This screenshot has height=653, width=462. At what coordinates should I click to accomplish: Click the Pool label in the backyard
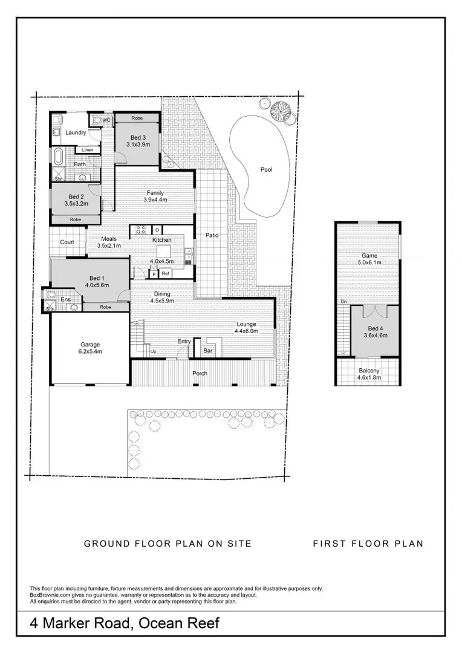point(266,169)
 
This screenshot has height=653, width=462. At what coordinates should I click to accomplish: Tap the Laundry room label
point(76,132)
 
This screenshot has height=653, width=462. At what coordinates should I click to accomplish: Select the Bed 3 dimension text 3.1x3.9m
point(138,145)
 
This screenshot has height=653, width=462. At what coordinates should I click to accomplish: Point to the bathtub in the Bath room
point(57,157)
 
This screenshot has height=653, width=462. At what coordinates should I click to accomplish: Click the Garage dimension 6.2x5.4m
point(90,351)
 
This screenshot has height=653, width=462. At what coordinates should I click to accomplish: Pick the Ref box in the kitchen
point(166,274)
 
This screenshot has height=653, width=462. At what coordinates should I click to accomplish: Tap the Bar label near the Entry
point(208,351)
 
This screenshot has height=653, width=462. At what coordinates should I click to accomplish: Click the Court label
point(67,242)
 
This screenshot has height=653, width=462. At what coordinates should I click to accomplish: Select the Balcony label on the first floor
point(369,371)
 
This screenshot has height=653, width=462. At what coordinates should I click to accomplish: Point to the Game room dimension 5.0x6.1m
point(369,262)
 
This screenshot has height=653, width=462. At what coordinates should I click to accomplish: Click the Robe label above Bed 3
point(137,118)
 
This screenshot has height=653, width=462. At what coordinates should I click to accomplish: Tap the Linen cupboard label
point(87,150)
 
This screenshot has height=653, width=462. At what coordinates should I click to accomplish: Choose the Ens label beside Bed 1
point(66,299)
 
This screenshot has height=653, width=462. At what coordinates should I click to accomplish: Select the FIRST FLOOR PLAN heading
point(368,544)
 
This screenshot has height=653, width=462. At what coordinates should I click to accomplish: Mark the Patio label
point(212,235)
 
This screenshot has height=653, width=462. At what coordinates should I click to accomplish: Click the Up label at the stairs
point(154,351)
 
